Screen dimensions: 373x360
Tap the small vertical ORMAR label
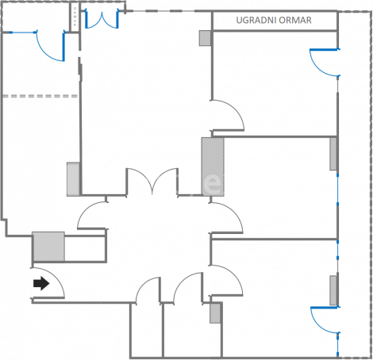[75, 17]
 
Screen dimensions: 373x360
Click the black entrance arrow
[41, 283]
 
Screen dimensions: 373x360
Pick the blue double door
[102, 19]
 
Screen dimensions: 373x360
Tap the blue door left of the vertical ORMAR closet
[50, 45]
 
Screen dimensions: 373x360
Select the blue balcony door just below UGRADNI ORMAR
[325, 63]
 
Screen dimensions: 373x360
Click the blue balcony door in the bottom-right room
[325, 320]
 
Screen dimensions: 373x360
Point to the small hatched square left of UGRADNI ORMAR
[205, 38]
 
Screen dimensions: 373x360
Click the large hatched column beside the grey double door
[213, 167]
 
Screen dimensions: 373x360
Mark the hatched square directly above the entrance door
[48, 247]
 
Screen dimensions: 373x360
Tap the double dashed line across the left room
[40, 96]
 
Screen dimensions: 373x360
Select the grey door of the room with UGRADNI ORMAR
[228, 115]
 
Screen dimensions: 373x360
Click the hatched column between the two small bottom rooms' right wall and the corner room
[215, 313]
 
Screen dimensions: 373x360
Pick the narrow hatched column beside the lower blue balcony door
[333, 290]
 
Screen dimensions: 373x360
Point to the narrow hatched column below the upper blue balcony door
[333, 154]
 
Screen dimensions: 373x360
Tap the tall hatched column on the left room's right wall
[73, 179]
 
